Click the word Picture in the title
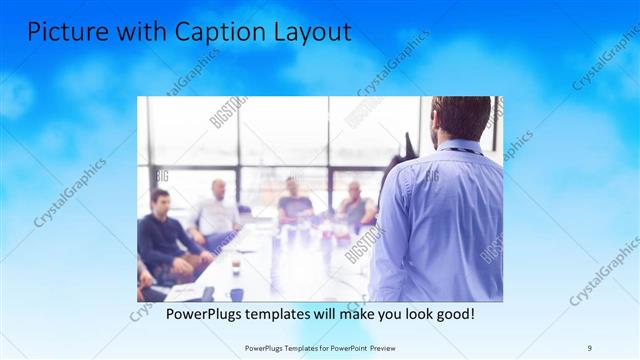click(x=61, y=32)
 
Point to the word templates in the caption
click(x=276, y=314)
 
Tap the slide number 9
click(x=589, y=347)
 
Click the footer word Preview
click(x=381, y=347)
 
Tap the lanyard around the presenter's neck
click(x=459, y=151)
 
